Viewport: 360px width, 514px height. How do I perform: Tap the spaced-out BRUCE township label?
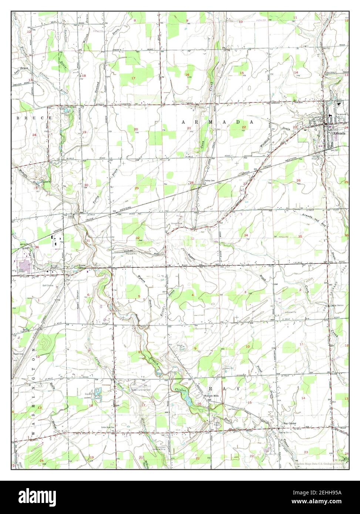[x=33, y=118]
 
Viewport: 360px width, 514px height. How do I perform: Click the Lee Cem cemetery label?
[x=232, y=409]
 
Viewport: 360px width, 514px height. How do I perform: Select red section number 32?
[x=137, y=238]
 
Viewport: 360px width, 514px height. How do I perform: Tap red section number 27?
[x=245, y=184]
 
